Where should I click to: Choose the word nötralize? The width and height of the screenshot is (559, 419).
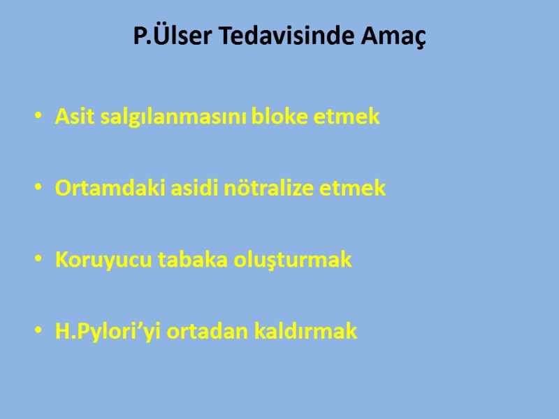coord(271,188)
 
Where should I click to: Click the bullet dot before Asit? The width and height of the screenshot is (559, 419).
coord(37,117)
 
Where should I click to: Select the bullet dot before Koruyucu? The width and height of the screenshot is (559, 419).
coord(37,260)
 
